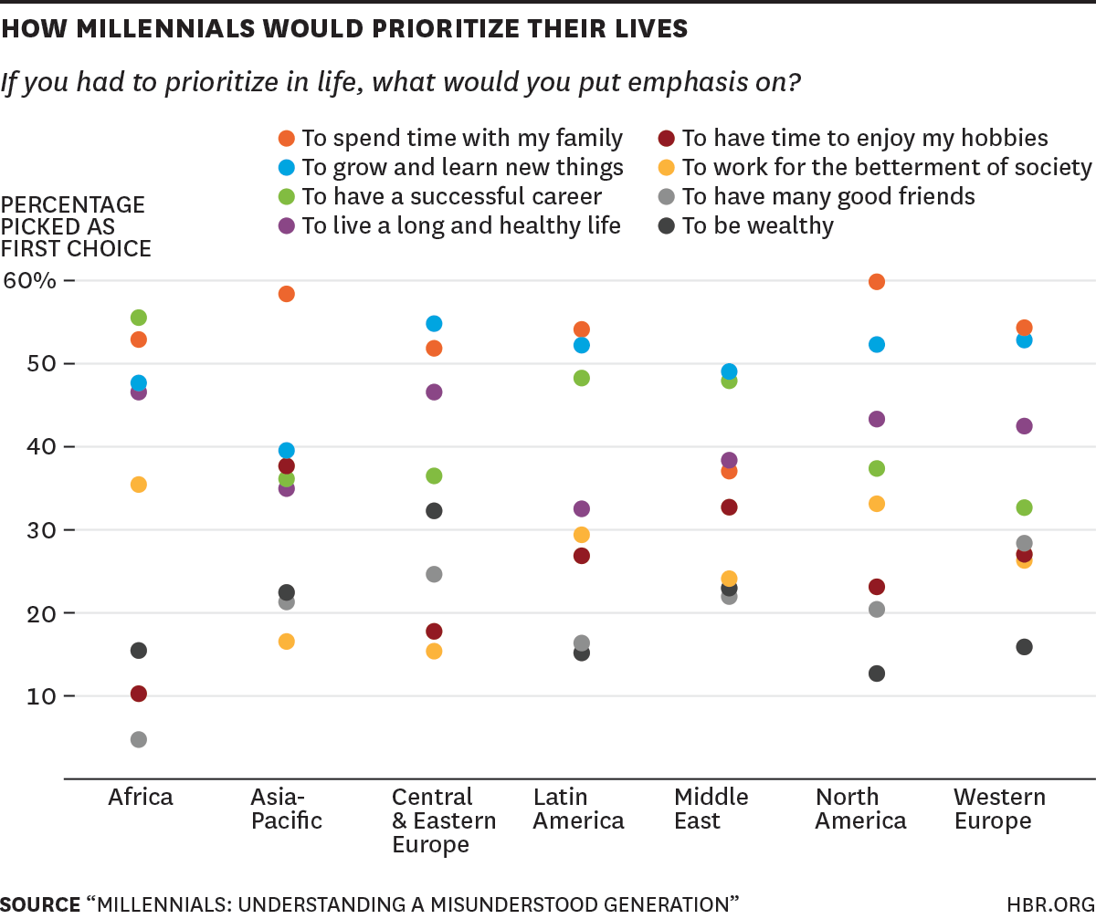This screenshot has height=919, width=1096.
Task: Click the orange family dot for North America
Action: click(x=877, y=281)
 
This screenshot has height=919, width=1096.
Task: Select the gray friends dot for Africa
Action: click(x=139, y=739)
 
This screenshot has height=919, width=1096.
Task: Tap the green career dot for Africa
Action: click(x=139, y=318)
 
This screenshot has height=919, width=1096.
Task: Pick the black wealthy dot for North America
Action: click(x=877, y=674)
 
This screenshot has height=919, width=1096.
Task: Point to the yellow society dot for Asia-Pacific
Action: click(x=286, y=642)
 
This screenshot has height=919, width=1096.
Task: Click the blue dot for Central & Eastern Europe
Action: click(x=434, y=324)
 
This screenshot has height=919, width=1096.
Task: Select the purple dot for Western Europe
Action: click(x=1024, y=426)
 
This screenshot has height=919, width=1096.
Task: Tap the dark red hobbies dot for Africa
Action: click(x=139, y=694)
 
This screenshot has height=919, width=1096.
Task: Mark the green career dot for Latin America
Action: click(x=581, y=378)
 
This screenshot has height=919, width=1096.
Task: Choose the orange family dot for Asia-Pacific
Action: click(x=286, y=294)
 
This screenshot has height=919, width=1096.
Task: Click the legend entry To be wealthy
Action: click(x=757, y=225)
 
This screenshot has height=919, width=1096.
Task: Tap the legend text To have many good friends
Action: click(x=828, y=196)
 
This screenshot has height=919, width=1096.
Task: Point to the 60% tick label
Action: click(x=30, y=280)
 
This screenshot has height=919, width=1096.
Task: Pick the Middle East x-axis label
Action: click(x=711, y=809)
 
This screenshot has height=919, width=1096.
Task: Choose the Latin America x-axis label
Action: click(x=578, y=809)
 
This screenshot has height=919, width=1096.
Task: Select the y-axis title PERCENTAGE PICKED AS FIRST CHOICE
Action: click(x=76, y=226)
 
